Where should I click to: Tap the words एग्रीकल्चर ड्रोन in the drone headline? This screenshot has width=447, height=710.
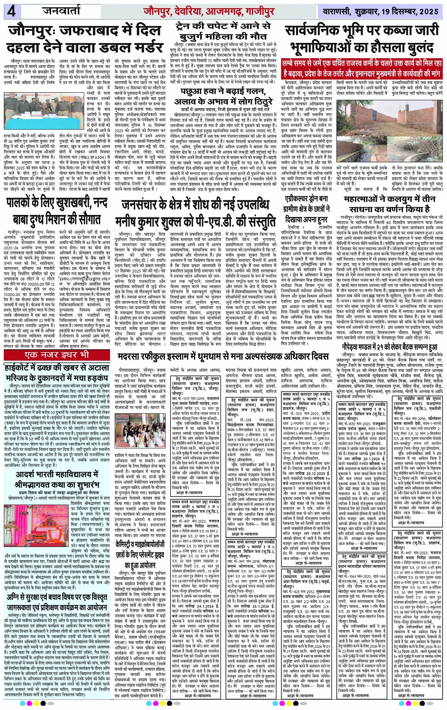tap(307, 199)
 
